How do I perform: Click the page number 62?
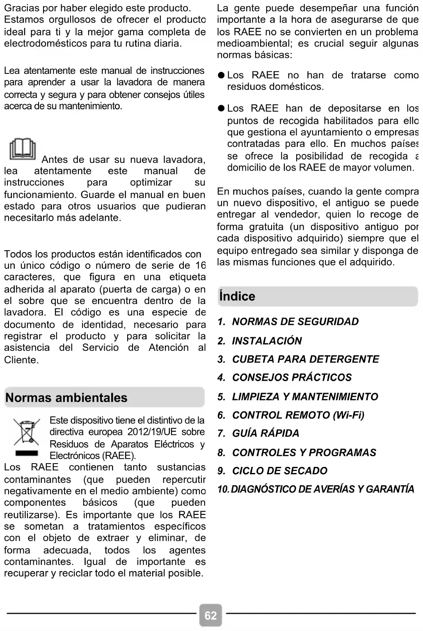pyautogui.click(x=210, y=615)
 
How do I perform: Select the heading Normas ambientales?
pyautogui.click(x=66, y=398)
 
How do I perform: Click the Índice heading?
pyautogui.click(x=237, y=296)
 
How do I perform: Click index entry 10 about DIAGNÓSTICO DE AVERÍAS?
pyautogui.click(x=316, y=489)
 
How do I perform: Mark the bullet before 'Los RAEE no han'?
pyautogui.click(x=221, y=75)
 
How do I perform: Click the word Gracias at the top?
pyautogui.click(x=22, y=8)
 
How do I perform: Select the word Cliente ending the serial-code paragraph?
pyautogui.click(x=21, y=360)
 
